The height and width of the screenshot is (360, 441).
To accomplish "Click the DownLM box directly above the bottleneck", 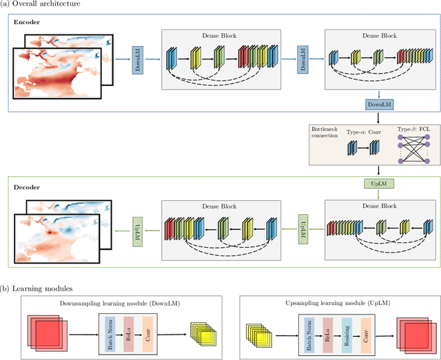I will tap(379, 104).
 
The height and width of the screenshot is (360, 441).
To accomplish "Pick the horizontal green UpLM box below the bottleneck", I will tap(379, 182).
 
